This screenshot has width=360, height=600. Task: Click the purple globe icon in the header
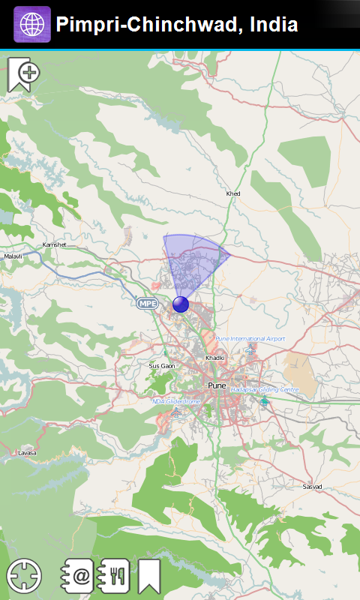point(32,25)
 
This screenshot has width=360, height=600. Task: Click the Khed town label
point(233,194)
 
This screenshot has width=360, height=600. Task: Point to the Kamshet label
point(54,244)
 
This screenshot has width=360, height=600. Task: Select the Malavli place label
point(13,256)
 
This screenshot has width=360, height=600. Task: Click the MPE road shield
point(148,303)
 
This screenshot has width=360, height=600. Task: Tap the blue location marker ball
point(181,304)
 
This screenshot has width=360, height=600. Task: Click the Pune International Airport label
point(250,339)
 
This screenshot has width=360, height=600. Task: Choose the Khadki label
point(215,358)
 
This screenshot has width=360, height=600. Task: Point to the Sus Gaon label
point(161,366)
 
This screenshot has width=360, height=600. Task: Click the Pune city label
point(217,385)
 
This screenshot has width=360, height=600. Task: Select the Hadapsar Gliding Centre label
point(265,390)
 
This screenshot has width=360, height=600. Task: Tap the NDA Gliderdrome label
point(176,401)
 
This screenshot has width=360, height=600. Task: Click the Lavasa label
point(27,453)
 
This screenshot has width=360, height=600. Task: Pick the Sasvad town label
point(312,487)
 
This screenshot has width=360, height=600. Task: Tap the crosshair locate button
point(24,576)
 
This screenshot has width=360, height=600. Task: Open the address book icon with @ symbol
point(77,576)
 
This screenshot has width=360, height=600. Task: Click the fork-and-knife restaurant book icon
point(115,576)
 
